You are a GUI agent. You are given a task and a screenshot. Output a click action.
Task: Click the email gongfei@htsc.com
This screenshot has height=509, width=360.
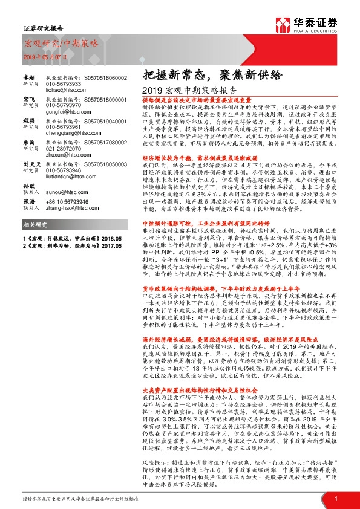64,112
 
